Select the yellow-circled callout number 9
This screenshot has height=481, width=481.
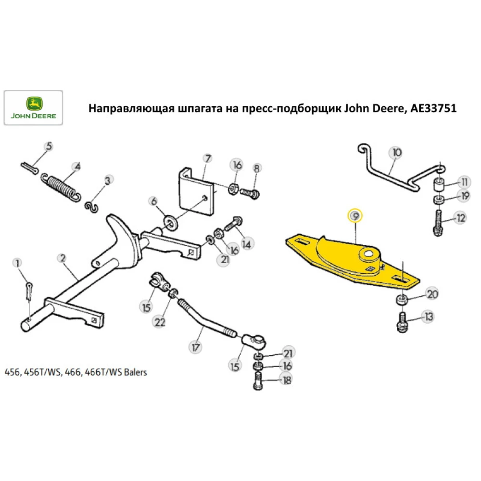pyautogui.click(x=355, y=216)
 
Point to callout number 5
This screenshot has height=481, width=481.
pyautogui.click(x=50, y=146)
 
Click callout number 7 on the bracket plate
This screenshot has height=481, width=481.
pyautogui.click(x=207, y=158)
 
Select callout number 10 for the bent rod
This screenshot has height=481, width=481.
pyautogui.click(x=396, y=153)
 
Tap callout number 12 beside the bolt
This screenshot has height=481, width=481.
pyautogui.click(x=461, y=218)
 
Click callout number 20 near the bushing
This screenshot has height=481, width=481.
pyautogui.click(x=432, y=294)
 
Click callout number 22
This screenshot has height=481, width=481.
pyautogui.click(x=159, y=323)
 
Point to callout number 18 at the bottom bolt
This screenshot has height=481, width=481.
pyautogui.click(x=287, y=380)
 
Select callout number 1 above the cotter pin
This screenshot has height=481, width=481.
pyautogui.click(x=18, y=263)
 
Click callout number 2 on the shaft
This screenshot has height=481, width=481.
pyautogui.click(x=62, y=258)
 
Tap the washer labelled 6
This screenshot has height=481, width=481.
pyautogui.click(x=170, y=221)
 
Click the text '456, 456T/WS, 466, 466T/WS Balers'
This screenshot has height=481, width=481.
pyautogui.click(x=76, y=372)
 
